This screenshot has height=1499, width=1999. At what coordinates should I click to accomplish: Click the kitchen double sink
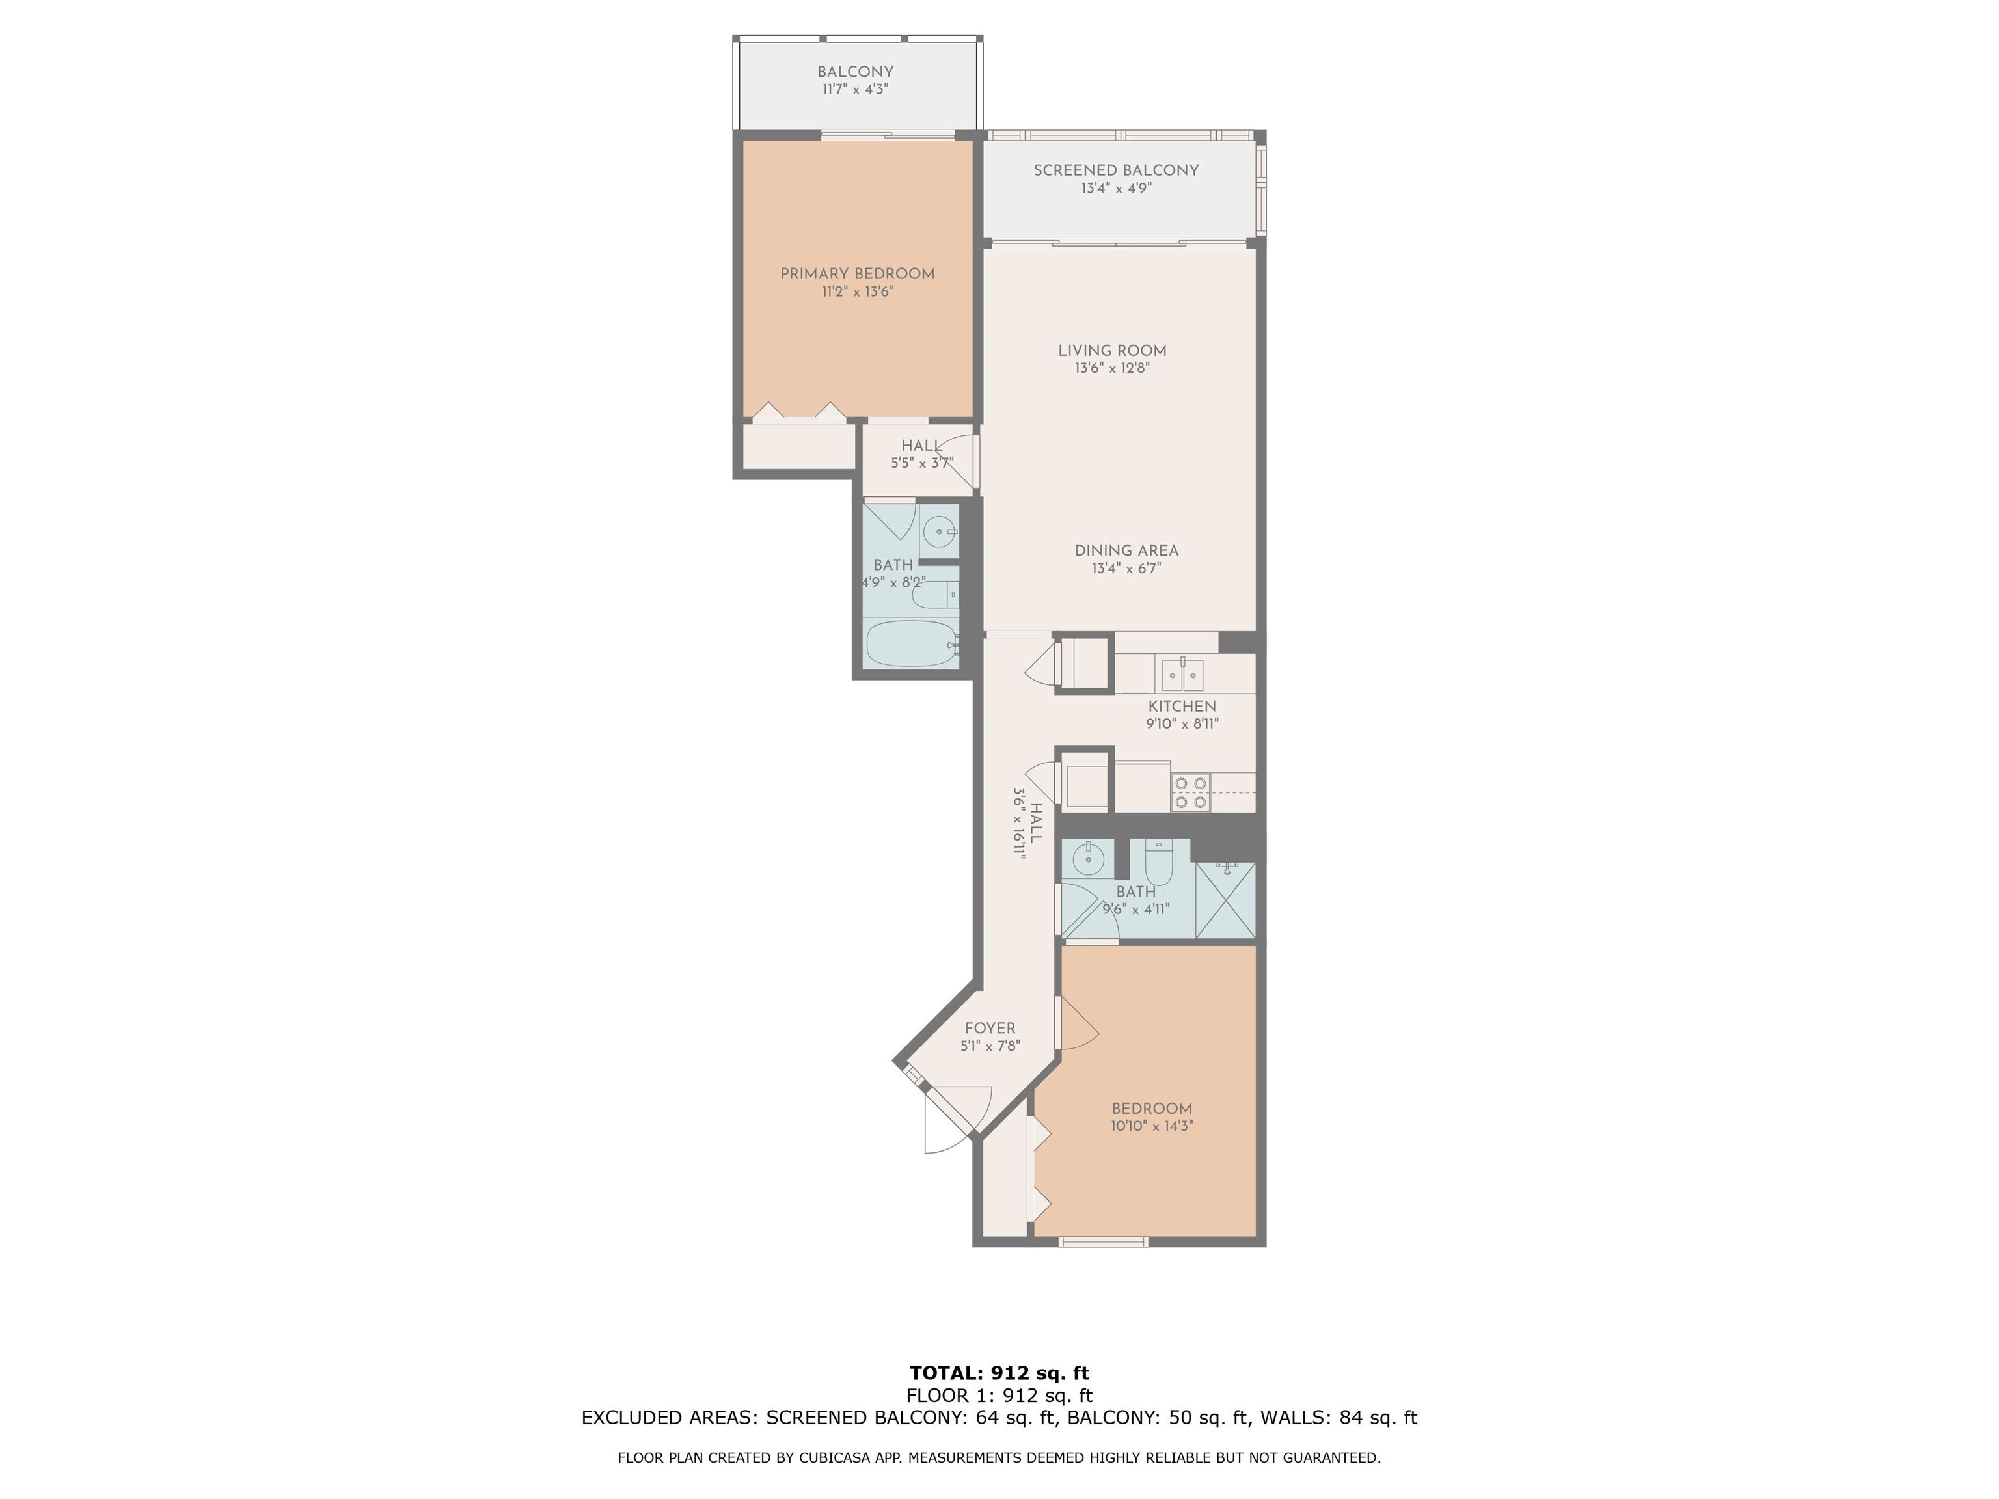tap(1182, 675)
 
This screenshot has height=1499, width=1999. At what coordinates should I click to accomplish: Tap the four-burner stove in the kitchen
tap(1190, 792)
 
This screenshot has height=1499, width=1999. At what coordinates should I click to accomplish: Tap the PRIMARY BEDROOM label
tap(857, 274)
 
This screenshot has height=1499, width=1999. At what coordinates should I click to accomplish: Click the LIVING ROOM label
tap(1113, 351)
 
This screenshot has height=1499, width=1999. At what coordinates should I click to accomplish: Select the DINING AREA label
tap(1126, 550)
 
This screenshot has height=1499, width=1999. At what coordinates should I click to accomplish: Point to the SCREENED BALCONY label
tap(1116, 170)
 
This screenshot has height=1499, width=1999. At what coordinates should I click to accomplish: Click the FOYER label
tap(990, 1028)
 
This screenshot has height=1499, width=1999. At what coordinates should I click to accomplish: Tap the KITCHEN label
tap(1182, 707)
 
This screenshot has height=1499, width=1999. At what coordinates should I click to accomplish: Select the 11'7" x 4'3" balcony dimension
tap(856, 89)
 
